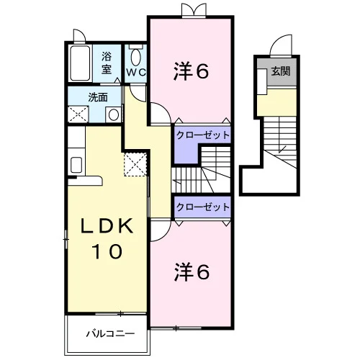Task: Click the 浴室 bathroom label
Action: point(107,63)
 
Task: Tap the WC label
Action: point(136,72)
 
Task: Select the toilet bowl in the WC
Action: point(136,57)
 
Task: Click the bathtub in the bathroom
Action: point(80,63)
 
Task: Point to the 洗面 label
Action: point(98,97)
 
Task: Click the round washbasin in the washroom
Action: point(114,114)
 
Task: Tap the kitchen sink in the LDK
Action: point(76,165)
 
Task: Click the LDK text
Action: point(107,226)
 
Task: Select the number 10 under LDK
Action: point(107,251)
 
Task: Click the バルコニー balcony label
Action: point(110,333)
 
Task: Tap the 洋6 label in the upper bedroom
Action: point(192,71)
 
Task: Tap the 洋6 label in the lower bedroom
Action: point(192,272)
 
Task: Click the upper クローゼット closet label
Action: point(203,135)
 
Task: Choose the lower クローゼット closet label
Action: point(203,207)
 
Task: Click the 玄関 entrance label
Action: point(281,71)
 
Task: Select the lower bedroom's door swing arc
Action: point(165,235)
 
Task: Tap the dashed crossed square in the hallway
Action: point(135,164)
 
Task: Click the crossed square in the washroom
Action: point(78,114)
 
